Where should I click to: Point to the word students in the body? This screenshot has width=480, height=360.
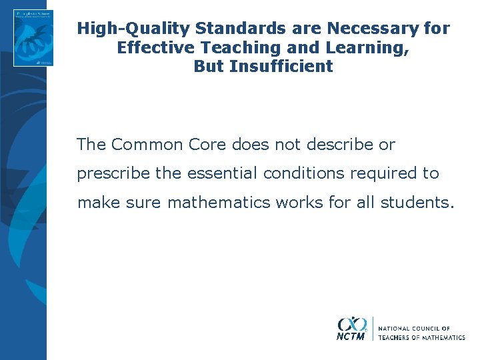click(x=417, y=202)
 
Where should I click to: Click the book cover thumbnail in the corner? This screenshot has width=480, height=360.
click(x=33, y=37)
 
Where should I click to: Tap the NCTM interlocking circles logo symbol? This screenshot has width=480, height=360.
click(x=352, y=324)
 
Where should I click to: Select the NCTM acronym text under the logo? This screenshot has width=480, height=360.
click(x=351, y=337)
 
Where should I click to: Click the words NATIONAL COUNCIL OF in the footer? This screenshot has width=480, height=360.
click(x=414, y=329)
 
